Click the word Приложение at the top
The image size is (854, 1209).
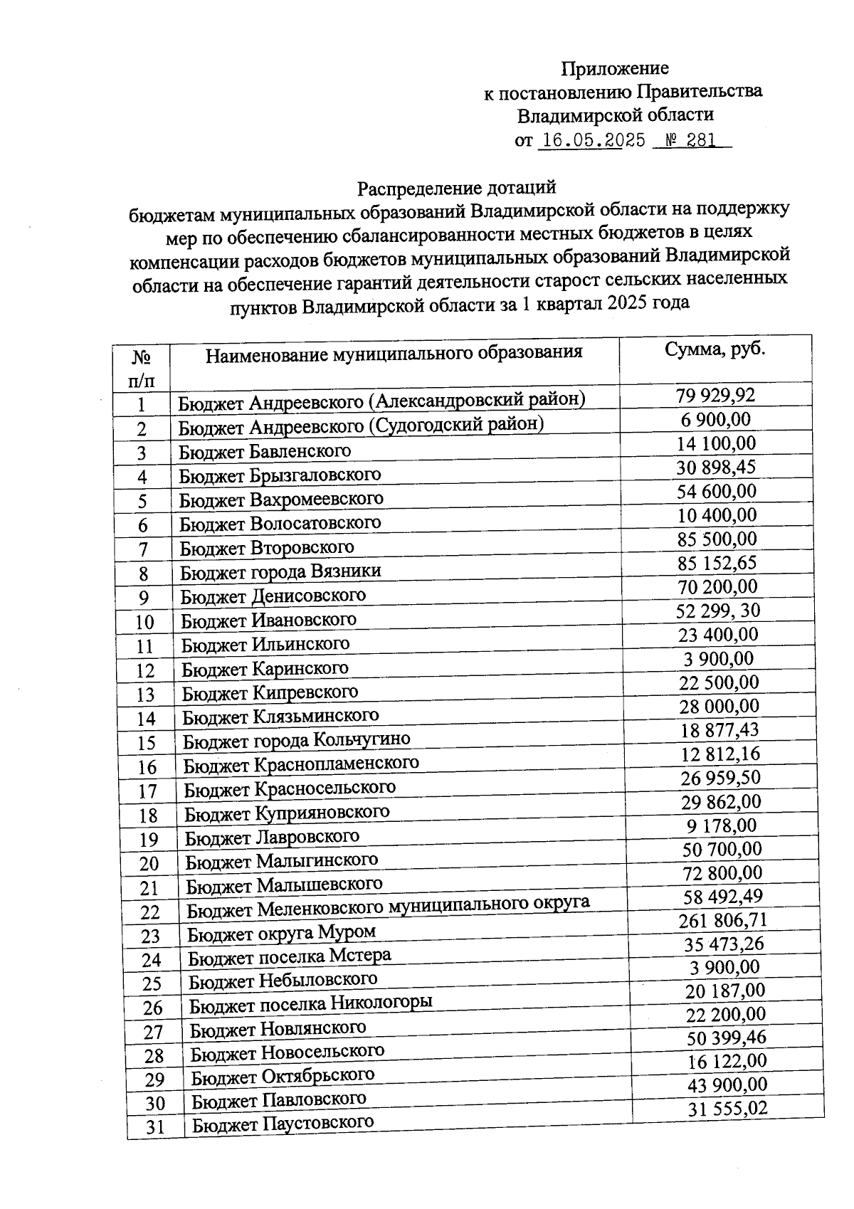click(614, 68)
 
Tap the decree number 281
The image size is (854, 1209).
click(701, 140)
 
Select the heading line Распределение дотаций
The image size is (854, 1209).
click(455, 189)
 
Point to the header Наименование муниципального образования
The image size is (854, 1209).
click(394, 353)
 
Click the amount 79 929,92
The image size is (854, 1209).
click(715, 395)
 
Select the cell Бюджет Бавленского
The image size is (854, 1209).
click(265, 450)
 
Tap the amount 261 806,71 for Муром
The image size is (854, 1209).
click(723, 920)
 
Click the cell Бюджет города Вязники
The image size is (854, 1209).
click(280, 571)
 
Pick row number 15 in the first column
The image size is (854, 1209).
click(147, 743)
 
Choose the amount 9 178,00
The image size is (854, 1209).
click(722, 825)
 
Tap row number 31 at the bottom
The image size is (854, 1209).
click(155, 1127)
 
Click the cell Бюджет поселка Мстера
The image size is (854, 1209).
click(289, 956)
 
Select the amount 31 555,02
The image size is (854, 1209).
click(727, 1109)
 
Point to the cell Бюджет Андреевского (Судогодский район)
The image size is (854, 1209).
click(361, 426)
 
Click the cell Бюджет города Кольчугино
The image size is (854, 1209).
click(296, 739)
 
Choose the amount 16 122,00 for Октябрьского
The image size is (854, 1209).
click(727, 1061)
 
